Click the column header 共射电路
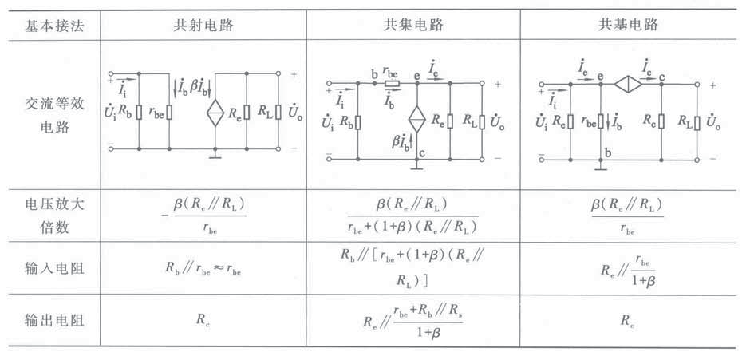coord(203,25)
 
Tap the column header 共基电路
coord(630,25)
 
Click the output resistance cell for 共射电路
coord(203,319)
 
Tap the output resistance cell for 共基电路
coord(630,319)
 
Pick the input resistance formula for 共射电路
coord(203,267)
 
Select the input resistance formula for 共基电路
coord(630,267)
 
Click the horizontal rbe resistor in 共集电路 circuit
coord(391,82)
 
